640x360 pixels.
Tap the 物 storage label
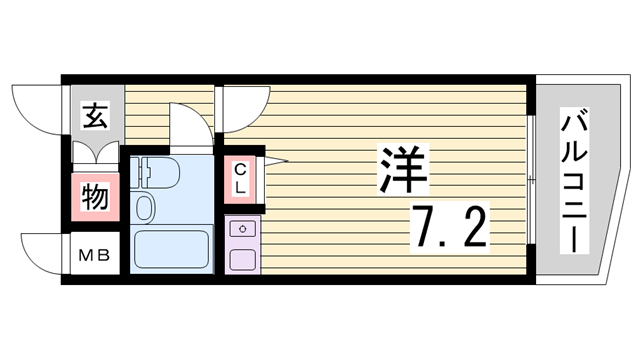coord(95,197)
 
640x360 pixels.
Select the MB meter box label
coord(95,255)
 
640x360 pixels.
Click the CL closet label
coord(241,180)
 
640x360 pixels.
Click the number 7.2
coord(447,228)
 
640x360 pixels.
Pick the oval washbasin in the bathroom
coord(144,208)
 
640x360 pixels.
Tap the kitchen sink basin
coord(241,258)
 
